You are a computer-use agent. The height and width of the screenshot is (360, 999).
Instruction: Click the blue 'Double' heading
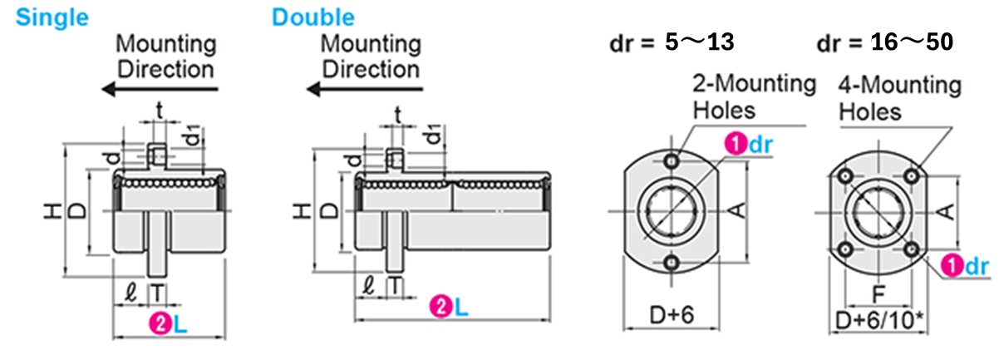pyautogui.click(x=312, y=17)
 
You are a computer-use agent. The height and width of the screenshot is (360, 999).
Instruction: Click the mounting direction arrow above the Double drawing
pyautogui.click(x=362, y=89)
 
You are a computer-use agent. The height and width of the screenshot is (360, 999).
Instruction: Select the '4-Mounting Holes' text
pyautogui.click(x=900, y=97)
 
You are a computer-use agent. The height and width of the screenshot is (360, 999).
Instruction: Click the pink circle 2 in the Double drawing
pyautogui.click(x=438, y=308)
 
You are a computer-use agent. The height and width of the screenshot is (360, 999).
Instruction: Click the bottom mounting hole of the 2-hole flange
pyautogui.click(x=671, y=263)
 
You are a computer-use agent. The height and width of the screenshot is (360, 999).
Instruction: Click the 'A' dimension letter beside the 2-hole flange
pyautogui.click(x=736, y=212)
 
